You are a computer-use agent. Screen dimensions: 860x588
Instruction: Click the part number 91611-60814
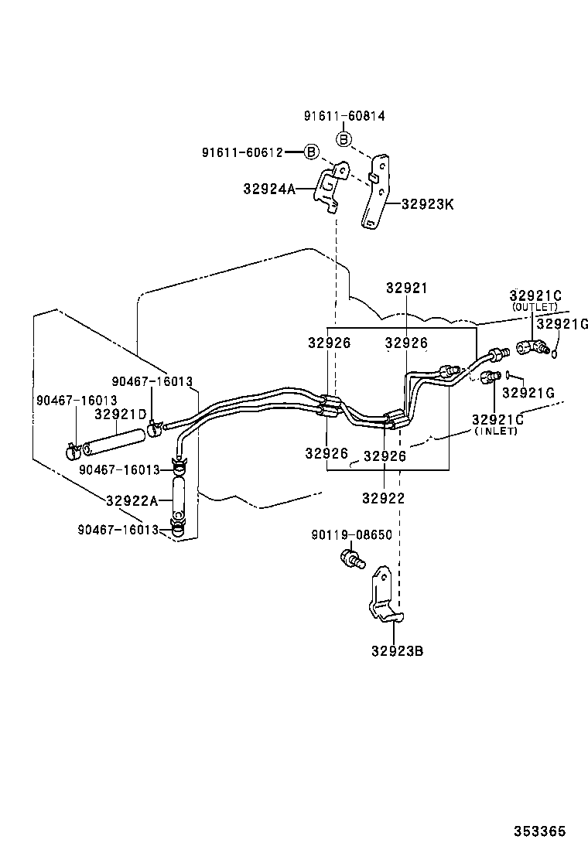coord(344,116)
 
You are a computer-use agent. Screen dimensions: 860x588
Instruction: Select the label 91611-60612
coord(242,152)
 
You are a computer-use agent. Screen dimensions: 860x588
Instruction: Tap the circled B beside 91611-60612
coord(311,152)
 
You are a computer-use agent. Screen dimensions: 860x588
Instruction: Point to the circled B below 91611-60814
coord(344,139)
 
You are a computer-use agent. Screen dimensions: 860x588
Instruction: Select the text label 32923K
coord(427,205)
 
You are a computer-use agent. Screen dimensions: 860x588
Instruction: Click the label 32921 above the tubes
coord(406,288)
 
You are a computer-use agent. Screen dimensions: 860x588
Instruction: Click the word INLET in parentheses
coord(496,431)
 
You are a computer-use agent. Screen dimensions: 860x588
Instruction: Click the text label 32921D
coord(120,414)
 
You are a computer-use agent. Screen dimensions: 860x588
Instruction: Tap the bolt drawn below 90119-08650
coord(352,558)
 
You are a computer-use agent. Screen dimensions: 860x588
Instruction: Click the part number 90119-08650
coord(351,534)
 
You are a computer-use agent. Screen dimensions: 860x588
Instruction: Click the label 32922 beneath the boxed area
coord(383,498)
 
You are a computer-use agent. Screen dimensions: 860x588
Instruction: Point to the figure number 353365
coord(540,831)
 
